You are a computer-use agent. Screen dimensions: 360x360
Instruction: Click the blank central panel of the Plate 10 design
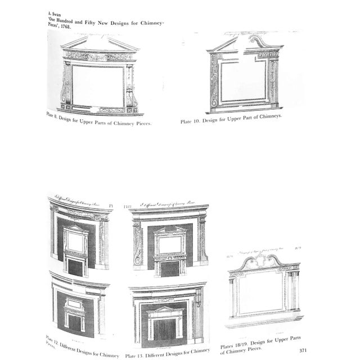click(x=243, y=81)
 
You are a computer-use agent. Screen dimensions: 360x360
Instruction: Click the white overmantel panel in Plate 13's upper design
click(x=170, y=244)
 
